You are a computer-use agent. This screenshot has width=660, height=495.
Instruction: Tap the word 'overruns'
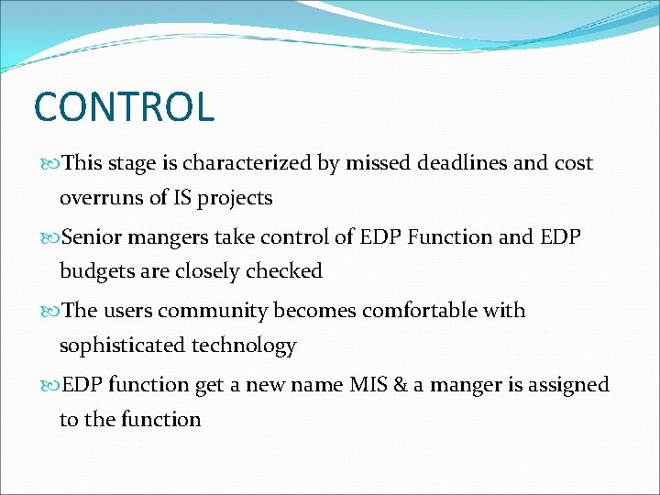[x=99, y=198]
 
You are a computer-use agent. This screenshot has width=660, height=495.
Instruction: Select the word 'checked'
[x=286, y=271]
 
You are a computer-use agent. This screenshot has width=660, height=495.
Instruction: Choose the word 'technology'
[x=244, y=346]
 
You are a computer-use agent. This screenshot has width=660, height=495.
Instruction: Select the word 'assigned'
[x=572, y=385]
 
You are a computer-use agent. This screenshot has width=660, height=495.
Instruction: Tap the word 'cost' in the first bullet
[x=573, y=163]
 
